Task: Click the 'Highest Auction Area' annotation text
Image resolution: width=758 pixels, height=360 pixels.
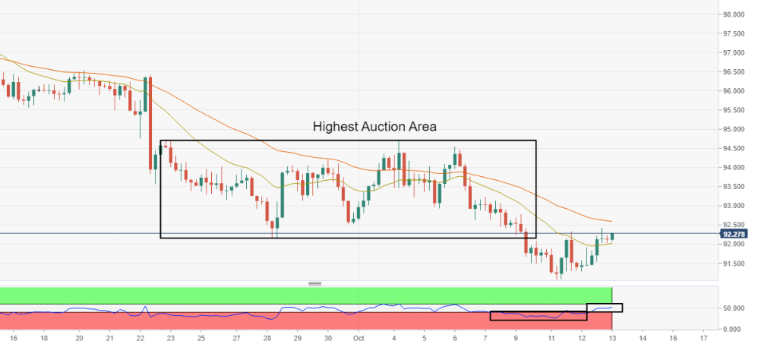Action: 374,127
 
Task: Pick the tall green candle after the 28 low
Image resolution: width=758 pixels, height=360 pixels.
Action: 282,194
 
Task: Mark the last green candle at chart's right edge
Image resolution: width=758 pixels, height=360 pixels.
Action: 612,237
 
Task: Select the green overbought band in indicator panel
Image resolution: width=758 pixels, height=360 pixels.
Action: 304,295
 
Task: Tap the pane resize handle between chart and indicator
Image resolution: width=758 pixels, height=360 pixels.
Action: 314,283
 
